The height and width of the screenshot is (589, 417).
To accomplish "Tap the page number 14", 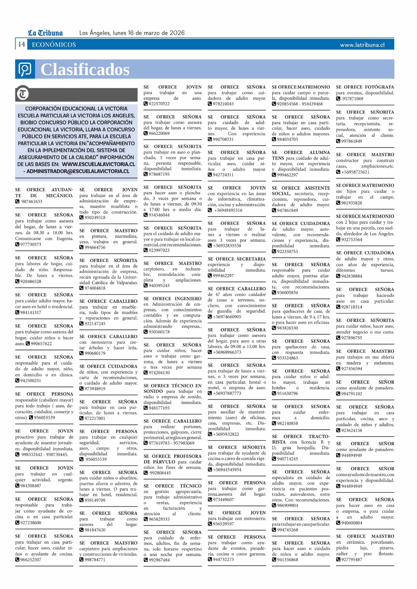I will [x=21, y=44].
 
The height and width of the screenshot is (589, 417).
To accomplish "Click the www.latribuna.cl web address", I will [x=362, y=45].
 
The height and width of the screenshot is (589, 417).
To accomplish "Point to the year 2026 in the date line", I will [x=177, y=33].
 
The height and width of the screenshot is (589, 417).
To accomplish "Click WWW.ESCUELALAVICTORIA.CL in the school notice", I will [x=99, y=164].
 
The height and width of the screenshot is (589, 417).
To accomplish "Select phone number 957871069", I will [x=353, y=99].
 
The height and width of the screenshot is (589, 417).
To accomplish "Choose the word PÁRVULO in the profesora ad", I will [x=164, y=462].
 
